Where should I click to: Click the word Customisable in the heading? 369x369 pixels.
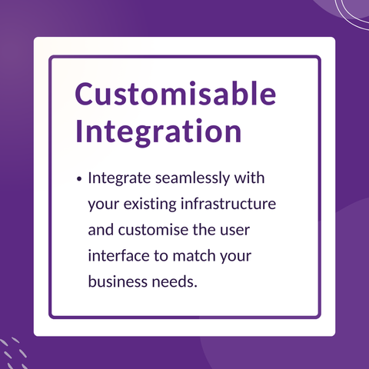click(175, 93)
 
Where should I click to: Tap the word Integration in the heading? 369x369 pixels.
click(158, 132)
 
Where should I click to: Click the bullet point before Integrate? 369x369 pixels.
click(79, 179)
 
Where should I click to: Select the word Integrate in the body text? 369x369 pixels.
click(119, 178)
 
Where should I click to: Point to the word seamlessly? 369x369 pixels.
click(192, 178)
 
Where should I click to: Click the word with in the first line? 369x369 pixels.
click(249, 178)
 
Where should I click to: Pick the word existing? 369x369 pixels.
click(150, 204)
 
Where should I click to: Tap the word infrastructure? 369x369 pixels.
click(228, 204)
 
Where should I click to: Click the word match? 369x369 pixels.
click(194, 255)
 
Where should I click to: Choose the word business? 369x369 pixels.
click(118, 281)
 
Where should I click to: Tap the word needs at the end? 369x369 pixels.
click(175, 281)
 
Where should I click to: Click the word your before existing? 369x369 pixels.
click(104, 206)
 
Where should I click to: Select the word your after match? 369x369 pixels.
click(236, 258)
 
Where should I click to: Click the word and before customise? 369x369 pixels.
click(101, 230)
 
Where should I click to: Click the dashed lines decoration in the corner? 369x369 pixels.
click(14, 353)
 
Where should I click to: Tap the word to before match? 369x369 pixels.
click(161, 256)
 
